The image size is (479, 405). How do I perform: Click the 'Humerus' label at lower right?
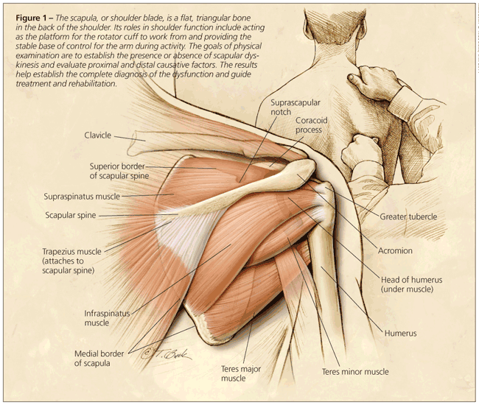[400, 334]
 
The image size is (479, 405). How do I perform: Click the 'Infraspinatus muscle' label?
[107, 317]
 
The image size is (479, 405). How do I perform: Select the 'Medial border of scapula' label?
[102, 358]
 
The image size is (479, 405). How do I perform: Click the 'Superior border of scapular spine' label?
[119, 171]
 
